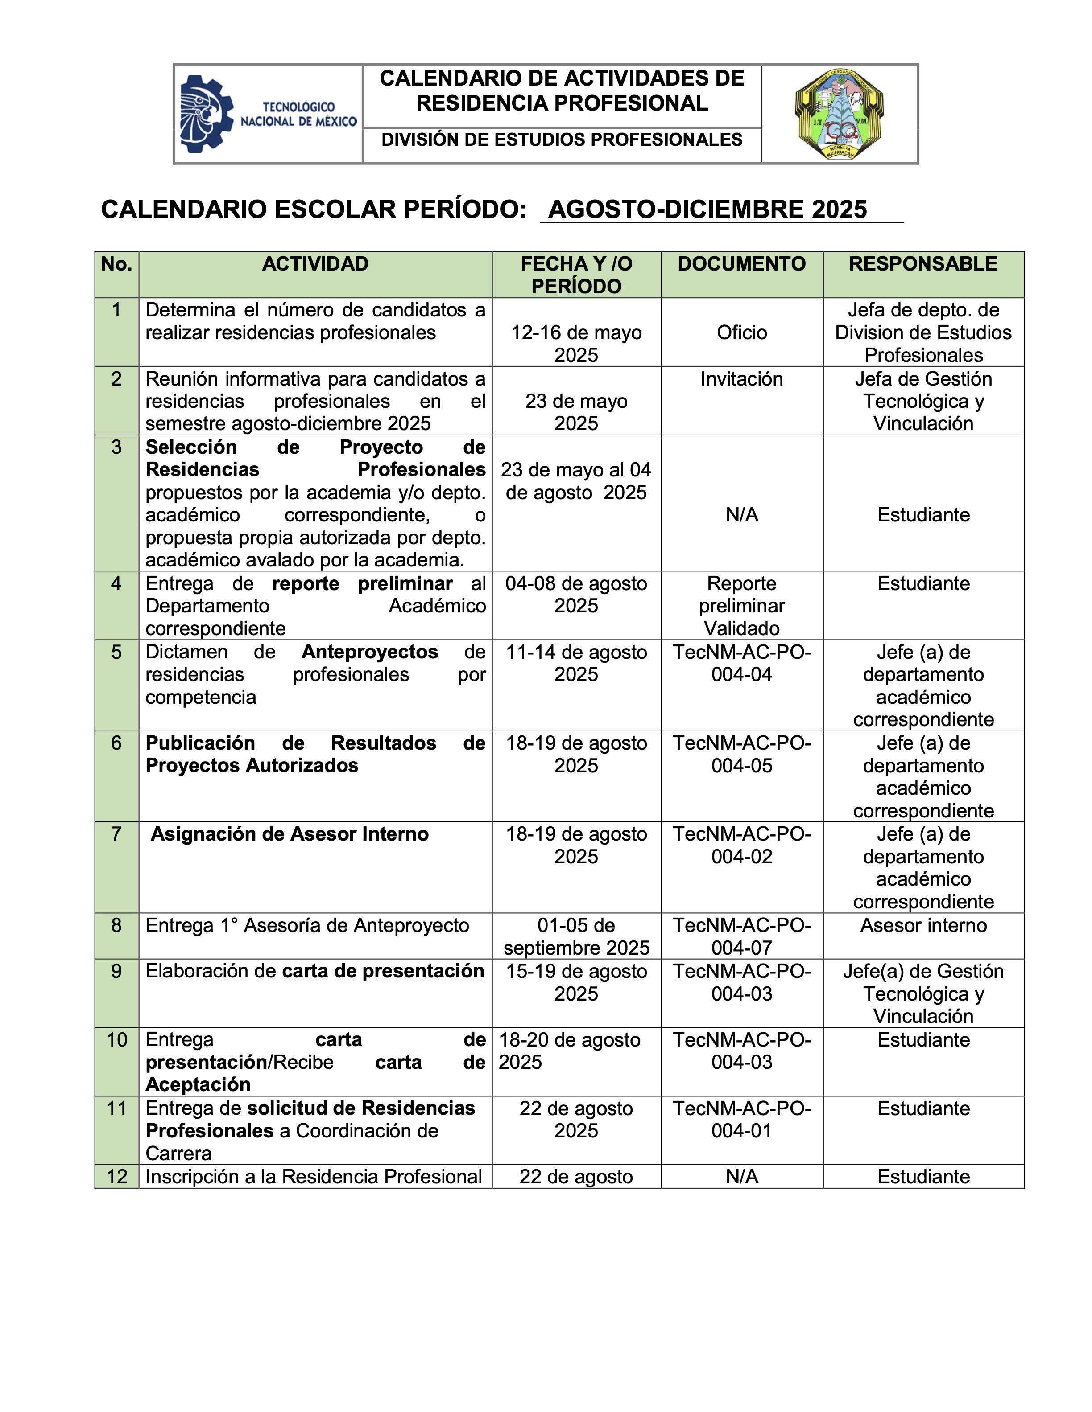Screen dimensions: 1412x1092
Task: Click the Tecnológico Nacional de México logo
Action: coord(268,114)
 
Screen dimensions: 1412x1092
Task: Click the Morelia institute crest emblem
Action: coord(839,114)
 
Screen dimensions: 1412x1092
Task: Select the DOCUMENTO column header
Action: coord(741,264)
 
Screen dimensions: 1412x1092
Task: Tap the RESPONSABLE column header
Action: coord(923,264)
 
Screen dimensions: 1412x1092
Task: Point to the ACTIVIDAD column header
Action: coord(315,264)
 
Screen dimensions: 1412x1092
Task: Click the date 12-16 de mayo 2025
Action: coord(576,343)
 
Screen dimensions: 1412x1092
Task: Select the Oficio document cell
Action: coord(741,332)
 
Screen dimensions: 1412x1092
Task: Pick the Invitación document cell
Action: coord(741,379)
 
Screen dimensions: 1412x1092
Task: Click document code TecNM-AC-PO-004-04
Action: coord(741,663)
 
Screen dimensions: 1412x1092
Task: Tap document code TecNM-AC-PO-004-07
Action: coord(741,936)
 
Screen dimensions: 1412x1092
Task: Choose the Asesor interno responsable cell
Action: coord(923,925)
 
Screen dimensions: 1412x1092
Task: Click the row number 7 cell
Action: coord(116,834)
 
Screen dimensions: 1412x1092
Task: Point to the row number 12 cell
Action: coord(116,1177)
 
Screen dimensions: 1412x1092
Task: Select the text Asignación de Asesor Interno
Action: coord(289,834)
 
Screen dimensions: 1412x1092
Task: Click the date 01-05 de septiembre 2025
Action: coord(576,936)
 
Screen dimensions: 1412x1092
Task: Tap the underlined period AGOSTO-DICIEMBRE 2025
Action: coord(708,209)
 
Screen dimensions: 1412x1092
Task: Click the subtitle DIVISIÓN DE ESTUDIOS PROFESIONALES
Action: coord(562,140)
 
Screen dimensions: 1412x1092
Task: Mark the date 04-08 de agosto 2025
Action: coord(576,594)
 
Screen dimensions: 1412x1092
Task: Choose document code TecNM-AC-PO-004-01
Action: coord(741,1119)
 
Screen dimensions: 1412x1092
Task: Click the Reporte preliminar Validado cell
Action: coord(741,606)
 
